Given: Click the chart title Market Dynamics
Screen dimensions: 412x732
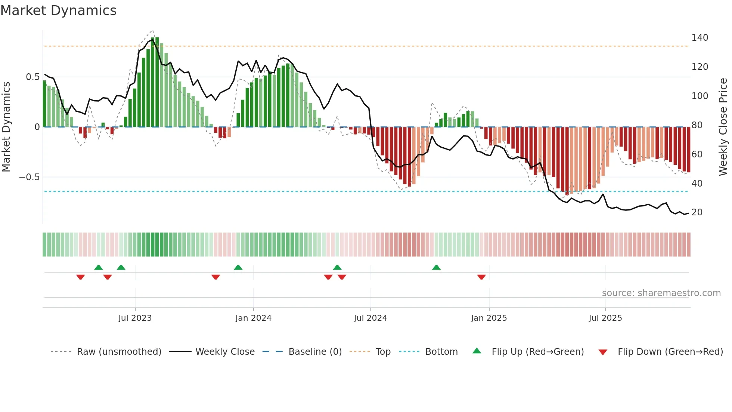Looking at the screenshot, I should tap(58, 10).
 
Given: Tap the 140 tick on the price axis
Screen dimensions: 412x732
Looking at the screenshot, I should tap(700, 38).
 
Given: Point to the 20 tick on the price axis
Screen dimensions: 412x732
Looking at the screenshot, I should tap(697, 212).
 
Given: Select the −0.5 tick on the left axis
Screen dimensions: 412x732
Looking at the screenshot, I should tap(29, 177).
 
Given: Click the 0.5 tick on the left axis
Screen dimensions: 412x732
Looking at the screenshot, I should tap(32, 77).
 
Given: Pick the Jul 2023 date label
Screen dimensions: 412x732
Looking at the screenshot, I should tap(135, 318).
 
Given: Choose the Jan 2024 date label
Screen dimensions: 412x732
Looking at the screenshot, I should tap(253, 318).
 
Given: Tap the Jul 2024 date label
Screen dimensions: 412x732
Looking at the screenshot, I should tap(370, 318).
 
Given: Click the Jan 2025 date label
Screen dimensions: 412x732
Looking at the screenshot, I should tap(488, 318).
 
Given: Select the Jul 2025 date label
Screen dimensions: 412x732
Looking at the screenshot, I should tap(605, 318).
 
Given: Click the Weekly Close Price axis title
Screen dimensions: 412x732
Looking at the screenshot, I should tap(723, 127).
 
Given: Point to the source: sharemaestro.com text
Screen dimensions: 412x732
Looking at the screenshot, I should tap(661, 293).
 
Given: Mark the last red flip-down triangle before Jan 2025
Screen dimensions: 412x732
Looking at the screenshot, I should tap(481, 277).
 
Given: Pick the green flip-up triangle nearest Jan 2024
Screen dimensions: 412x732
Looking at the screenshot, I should tap(238, 267).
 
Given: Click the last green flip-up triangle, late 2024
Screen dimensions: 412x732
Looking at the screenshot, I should tap(436, 267).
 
